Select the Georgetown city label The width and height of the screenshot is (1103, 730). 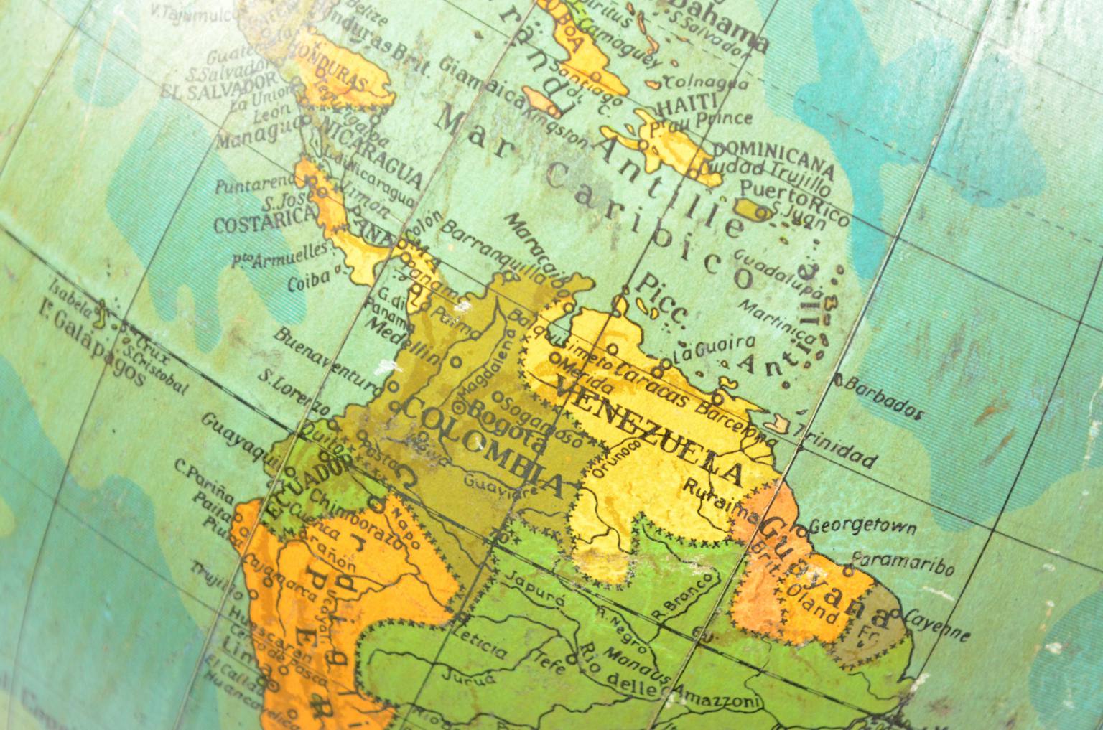tap(862, 527)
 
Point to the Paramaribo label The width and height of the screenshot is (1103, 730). tap(903, 563)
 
